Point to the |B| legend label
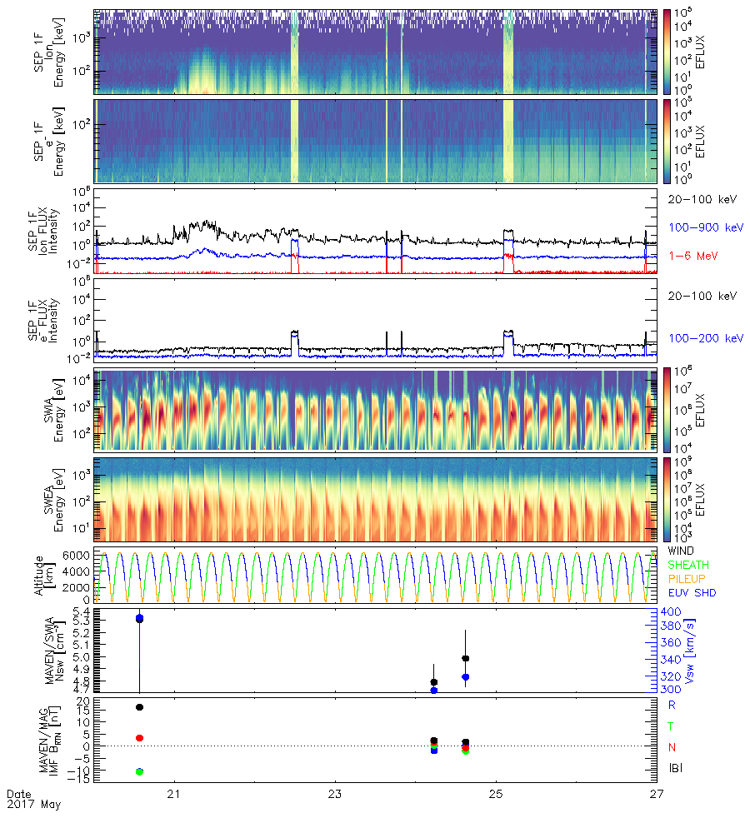676,768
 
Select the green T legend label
672,726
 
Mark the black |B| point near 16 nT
139,707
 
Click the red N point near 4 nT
139,738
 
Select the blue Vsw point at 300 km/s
434,690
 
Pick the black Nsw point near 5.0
466,659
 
